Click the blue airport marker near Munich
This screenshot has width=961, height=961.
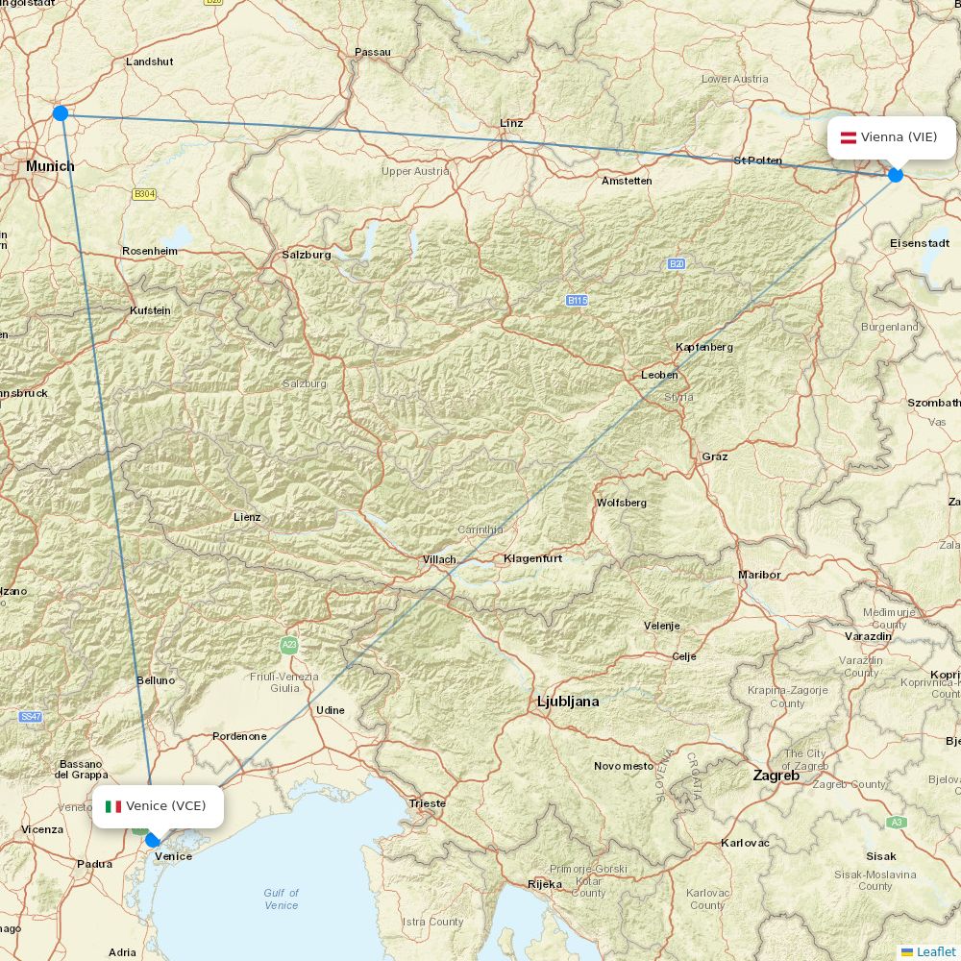[x=61, y=113]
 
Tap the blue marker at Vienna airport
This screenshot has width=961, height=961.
[x=896, y=175]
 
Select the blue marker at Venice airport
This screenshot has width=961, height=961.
[x=152, y=840]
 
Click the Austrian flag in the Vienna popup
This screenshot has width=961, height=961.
[x=849, y=137]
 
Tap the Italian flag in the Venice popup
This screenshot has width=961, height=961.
[x=113, y=806]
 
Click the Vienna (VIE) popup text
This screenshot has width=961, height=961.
[x=899, y=137]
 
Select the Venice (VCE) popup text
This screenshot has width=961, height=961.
[x=166, y=806]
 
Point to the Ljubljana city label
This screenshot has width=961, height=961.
[x=568, y=702]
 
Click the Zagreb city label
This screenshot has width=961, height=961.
[x=776, y=775]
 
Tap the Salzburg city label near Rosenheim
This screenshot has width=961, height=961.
[x=307, y=255]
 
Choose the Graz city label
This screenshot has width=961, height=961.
[x=715, y=456]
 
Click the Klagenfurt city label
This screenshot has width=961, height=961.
[x=532, y=558]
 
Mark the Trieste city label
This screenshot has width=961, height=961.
[x=428, y=803]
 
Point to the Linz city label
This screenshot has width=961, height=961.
[x=511, y=123]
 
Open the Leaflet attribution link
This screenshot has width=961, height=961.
[x=935, y=951]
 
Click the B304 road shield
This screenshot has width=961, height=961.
[x=144, y=194]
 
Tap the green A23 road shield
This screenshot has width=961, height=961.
[x=288, y=645]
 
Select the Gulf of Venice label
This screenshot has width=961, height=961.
[x=281, y=899]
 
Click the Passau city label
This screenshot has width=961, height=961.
[x=373, y=52]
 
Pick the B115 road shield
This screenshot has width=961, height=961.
[x=577, y=301]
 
